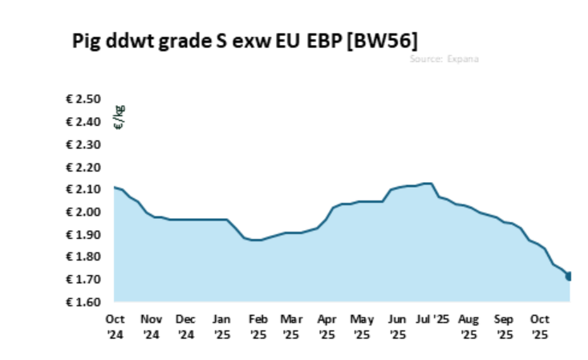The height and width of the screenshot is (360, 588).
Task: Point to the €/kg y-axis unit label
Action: pyautogui.click(x=120, y=117)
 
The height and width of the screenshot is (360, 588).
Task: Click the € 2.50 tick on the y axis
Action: pyautogui.click(x=83, y=99)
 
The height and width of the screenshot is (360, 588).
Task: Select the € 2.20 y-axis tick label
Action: pyautogui.click(x=83, y=167)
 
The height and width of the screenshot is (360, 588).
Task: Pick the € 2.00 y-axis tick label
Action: pyautogui.click(x=83, y=212)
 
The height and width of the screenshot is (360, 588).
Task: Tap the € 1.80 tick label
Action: pyautogui.click(x=83, y=257)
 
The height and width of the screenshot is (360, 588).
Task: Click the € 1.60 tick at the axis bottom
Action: pyautogui.click(x=83, y=301)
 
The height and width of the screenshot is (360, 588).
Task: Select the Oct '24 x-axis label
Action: pyautogui.click(x=116, y=326)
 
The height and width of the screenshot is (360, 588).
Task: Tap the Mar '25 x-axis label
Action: pyautogui.click(x=291, y=326)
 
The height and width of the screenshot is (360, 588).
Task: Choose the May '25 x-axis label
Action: pyautogui.click(x=362, y=326)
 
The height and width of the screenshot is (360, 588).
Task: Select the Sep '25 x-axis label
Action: pyautogui.click(x=504, y=326)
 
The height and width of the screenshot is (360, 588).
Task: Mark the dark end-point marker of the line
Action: pyautogui.click(x=569, y=276)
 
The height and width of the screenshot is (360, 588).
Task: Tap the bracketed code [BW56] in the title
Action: pyautogui.click(x=383, y=40)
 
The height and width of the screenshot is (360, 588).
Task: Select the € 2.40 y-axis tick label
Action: pyautogui.click(x=83, y=122)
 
